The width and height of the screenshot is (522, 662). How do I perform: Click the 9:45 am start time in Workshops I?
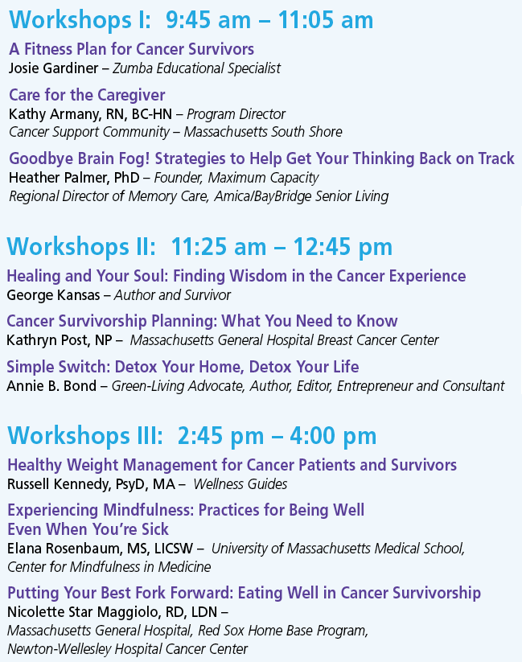[208, 20]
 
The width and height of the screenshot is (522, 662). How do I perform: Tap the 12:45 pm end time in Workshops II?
[343, 247]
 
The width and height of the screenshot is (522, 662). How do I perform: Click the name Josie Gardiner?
[53, 68]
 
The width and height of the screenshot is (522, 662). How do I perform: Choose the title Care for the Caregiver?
[87, 95]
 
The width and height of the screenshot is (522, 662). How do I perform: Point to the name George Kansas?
[53, 294]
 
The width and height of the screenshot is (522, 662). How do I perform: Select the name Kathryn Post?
[46, 340]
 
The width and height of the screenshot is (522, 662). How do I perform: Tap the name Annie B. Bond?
[51, 386]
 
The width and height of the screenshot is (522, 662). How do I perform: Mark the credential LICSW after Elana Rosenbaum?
[173, 548]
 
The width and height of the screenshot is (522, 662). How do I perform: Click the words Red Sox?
[215, 631]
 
